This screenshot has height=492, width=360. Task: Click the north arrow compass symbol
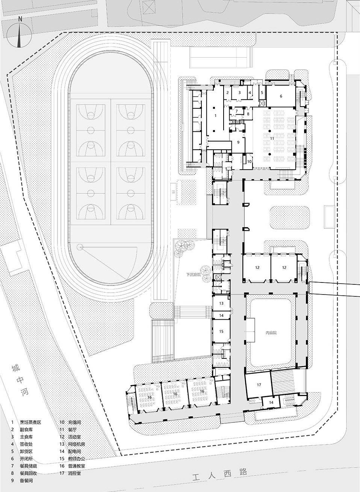pyautogui.click(x=19, y=35)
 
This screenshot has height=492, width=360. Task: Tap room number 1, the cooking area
pyautogui.click(x=215, y=116)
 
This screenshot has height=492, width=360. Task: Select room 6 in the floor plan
pyautogui.click(x=280, y=96)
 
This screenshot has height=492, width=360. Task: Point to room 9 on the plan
pyautogui.click(x=238, y=143)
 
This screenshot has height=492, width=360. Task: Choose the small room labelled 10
pyautogui.click(x=249, y=161)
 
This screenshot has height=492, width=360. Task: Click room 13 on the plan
pyautogui.click(x=221, y=303)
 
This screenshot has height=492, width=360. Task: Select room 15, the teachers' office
pyautogui.click(x=221, y=331)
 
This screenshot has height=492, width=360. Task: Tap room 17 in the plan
pyautogui.click(x=259, y=385)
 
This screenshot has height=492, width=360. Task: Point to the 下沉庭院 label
pyautogui.click(x=194, y=275)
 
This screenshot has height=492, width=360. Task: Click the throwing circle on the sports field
pyautogui.click(x=80, y=247)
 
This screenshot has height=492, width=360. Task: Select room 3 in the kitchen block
pyautogui.click(x=239, y=92)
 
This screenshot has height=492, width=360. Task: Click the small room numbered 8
pyautogui.click(x=248, y=113)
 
